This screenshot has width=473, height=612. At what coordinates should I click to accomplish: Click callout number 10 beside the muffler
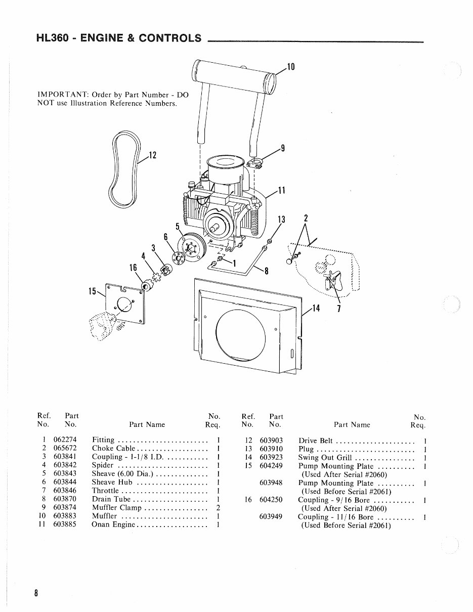tap(291, 67)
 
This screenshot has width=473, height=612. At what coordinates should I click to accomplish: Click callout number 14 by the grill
tap(317, 308)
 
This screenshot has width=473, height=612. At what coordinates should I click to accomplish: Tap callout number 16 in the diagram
tap(134, 268)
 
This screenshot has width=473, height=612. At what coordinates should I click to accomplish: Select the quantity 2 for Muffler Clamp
tap(218, 507)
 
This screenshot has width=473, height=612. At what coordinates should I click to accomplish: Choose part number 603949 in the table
tap(271, 516)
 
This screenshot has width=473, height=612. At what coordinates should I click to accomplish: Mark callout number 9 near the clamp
tap(283, 148)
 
